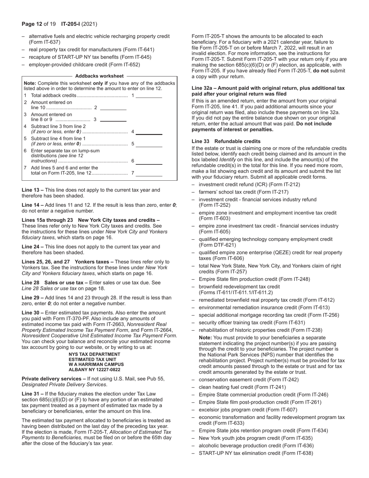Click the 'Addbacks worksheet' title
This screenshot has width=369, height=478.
[99, 76]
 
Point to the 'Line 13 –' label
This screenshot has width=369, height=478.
[33, 190]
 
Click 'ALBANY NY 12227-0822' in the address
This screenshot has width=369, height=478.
[94, 370]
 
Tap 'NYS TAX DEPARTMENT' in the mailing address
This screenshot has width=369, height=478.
[94, 354]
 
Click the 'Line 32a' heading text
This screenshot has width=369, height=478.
[202, 88]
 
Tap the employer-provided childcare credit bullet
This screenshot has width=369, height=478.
[84, 65]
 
